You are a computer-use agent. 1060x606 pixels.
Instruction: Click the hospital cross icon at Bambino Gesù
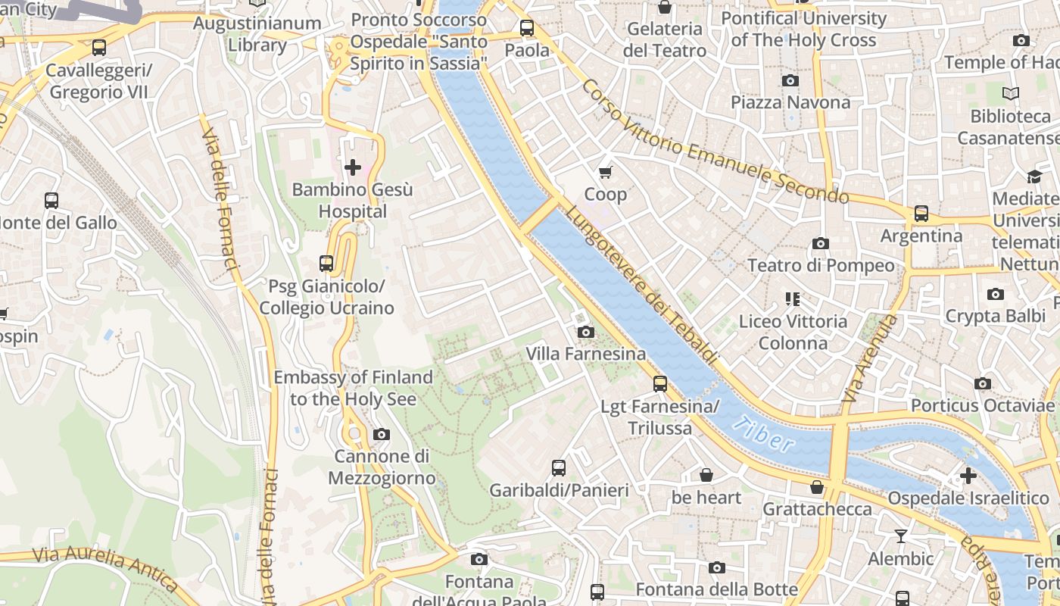coord(352,167)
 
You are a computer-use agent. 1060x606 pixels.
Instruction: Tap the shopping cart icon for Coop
coord(605,172)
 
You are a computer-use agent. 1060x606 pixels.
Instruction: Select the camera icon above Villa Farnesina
coord(585,332)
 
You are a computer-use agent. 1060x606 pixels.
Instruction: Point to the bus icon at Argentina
coord(921,214)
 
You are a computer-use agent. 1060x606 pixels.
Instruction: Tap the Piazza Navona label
coord(790,102)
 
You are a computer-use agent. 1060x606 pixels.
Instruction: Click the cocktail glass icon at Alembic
coord(900,536)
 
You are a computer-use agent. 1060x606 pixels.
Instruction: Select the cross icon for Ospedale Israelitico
coord(968,476)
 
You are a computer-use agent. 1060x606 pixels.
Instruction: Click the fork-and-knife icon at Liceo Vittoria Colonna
coord(792,299)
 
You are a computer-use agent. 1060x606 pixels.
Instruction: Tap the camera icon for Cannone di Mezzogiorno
coord(382,434)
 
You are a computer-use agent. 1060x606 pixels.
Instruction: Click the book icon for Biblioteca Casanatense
coord(1010,94)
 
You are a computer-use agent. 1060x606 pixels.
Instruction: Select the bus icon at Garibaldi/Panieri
coord(559,467)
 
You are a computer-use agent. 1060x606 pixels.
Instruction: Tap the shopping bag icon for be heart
coord(706,475)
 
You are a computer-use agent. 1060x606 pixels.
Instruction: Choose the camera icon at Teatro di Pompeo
coord(820,243)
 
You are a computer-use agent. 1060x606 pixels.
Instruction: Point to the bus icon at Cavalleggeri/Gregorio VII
coord(98,48)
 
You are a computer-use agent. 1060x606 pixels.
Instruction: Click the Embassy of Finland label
coord(353,388)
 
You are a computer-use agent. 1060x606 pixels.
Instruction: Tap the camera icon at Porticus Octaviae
coord(983,383)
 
